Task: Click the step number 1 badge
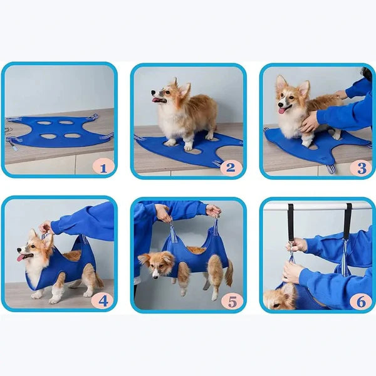pos(103,166)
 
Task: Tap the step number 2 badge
pos(231,167)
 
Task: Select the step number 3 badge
pos(361,167)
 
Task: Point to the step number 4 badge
pos(103,301)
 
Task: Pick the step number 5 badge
pos(232,301)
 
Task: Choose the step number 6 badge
pos(361,301)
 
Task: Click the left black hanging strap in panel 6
pos(291,222)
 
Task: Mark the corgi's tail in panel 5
pos(229,273)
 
